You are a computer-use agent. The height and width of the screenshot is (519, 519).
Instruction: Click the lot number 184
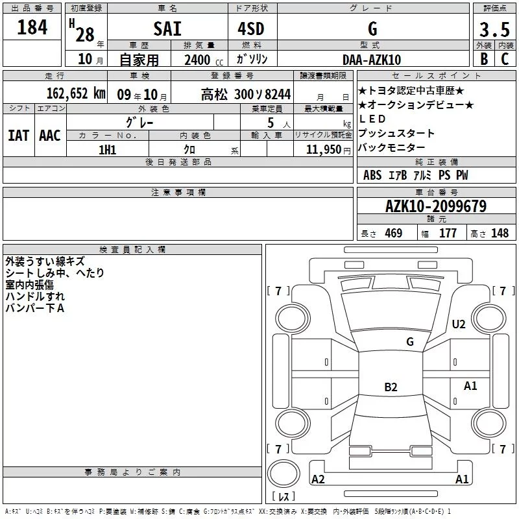pyautogui.click(x=32, y=27)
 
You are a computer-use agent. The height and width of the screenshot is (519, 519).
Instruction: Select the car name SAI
pyautogui.click(x=167, y=29)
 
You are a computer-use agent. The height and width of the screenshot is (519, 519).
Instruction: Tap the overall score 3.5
pyautogui.click(x=494, y=29)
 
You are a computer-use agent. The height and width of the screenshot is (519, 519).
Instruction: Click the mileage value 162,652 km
pyautogui.click(x=76, y=93)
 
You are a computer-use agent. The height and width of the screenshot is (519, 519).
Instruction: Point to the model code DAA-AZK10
pyautogui.click(x=372, y=60)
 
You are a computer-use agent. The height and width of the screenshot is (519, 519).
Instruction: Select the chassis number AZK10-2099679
pyautogui.click(x=436, y=206)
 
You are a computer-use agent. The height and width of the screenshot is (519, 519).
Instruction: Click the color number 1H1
pyautogui.click(x=108, y=150)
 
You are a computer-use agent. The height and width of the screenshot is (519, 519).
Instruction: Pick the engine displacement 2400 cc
pyautogui.click(x=204, y=60)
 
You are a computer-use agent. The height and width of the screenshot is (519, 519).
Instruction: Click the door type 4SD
pyautogui.click(x=251, y=29)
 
